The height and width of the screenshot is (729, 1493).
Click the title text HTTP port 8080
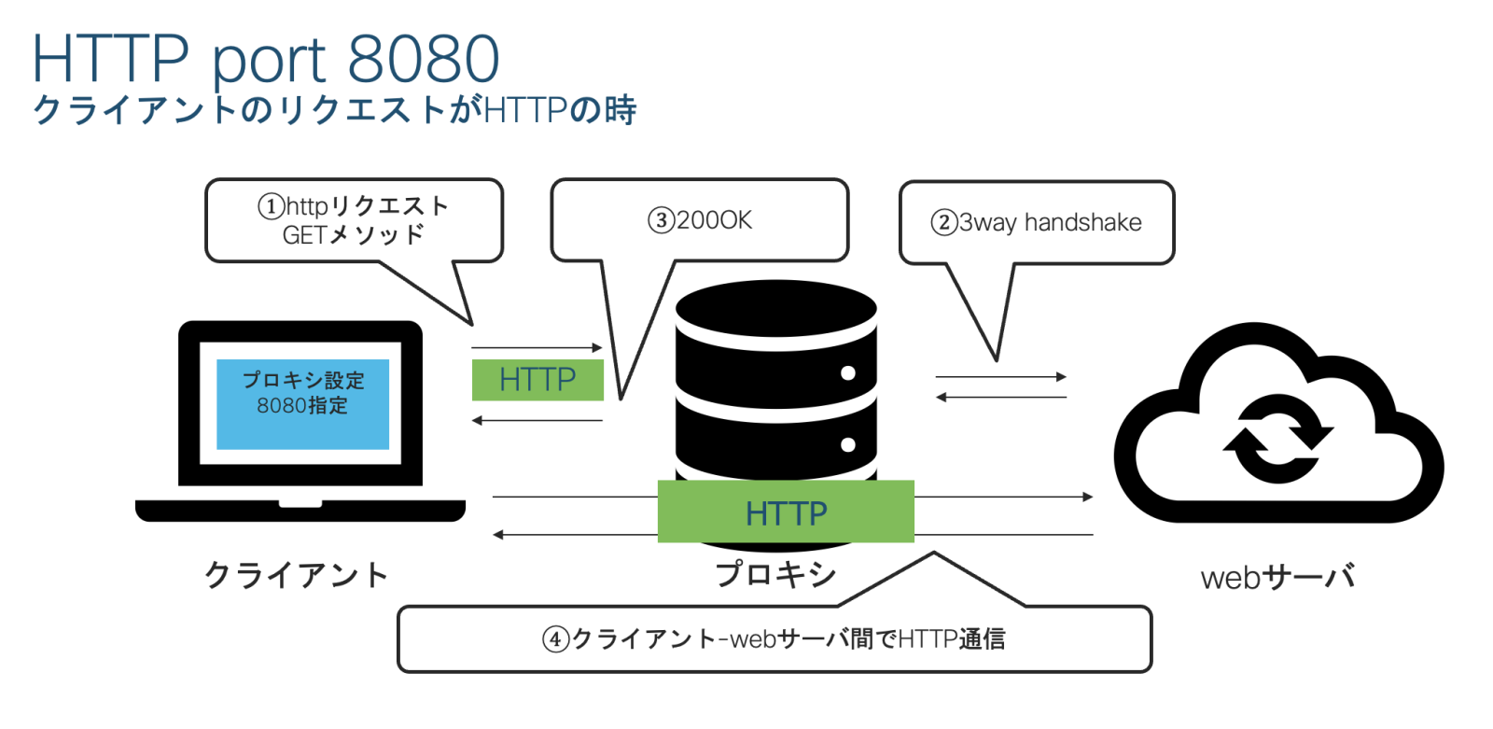(x=266, y=58)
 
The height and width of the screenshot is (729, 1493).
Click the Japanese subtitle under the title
(x=334, y=110)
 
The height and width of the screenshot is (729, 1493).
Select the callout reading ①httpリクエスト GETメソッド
(x=354, y=220)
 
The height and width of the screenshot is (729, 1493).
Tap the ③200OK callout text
(x=700, y=220)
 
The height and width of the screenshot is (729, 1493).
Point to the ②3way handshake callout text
(x=1036, y=222)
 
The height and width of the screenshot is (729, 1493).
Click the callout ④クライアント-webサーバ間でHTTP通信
(x=774, y=639)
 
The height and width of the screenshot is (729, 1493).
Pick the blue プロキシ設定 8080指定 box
(x=302, y=403)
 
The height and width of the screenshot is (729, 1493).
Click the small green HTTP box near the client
(x=537, y=380)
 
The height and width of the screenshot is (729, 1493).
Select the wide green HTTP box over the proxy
(x=786, y=512)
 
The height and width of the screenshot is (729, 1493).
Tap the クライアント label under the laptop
(x=296, y=575)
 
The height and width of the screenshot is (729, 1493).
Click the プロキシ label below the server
(x=775, y=574)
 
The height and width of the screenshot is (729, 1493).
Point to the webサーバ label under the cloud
(x=1277, y=578)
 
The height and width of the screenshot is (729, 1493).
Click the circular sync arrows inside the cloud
(x=1277, y=438)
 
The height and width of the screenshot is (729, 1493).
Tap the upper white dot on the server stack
(x=847, y=373)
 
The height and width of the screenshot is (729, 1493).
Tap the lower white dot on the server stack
(x=847, y=444)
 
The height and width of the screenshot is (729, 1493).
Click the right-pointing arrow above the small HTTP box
(x=537, y=348)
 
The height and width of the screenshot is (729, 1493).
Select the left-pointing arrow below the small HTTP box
(x=537, y=421)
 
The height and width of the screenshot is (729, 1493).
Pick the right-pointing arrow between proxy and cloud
(x=1001, y=377)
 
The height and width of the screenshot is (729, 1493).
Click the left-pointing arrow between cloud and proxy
(x=1001, y=398)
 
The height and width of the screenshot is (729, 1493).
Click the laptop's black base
(x=300, y=511)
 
